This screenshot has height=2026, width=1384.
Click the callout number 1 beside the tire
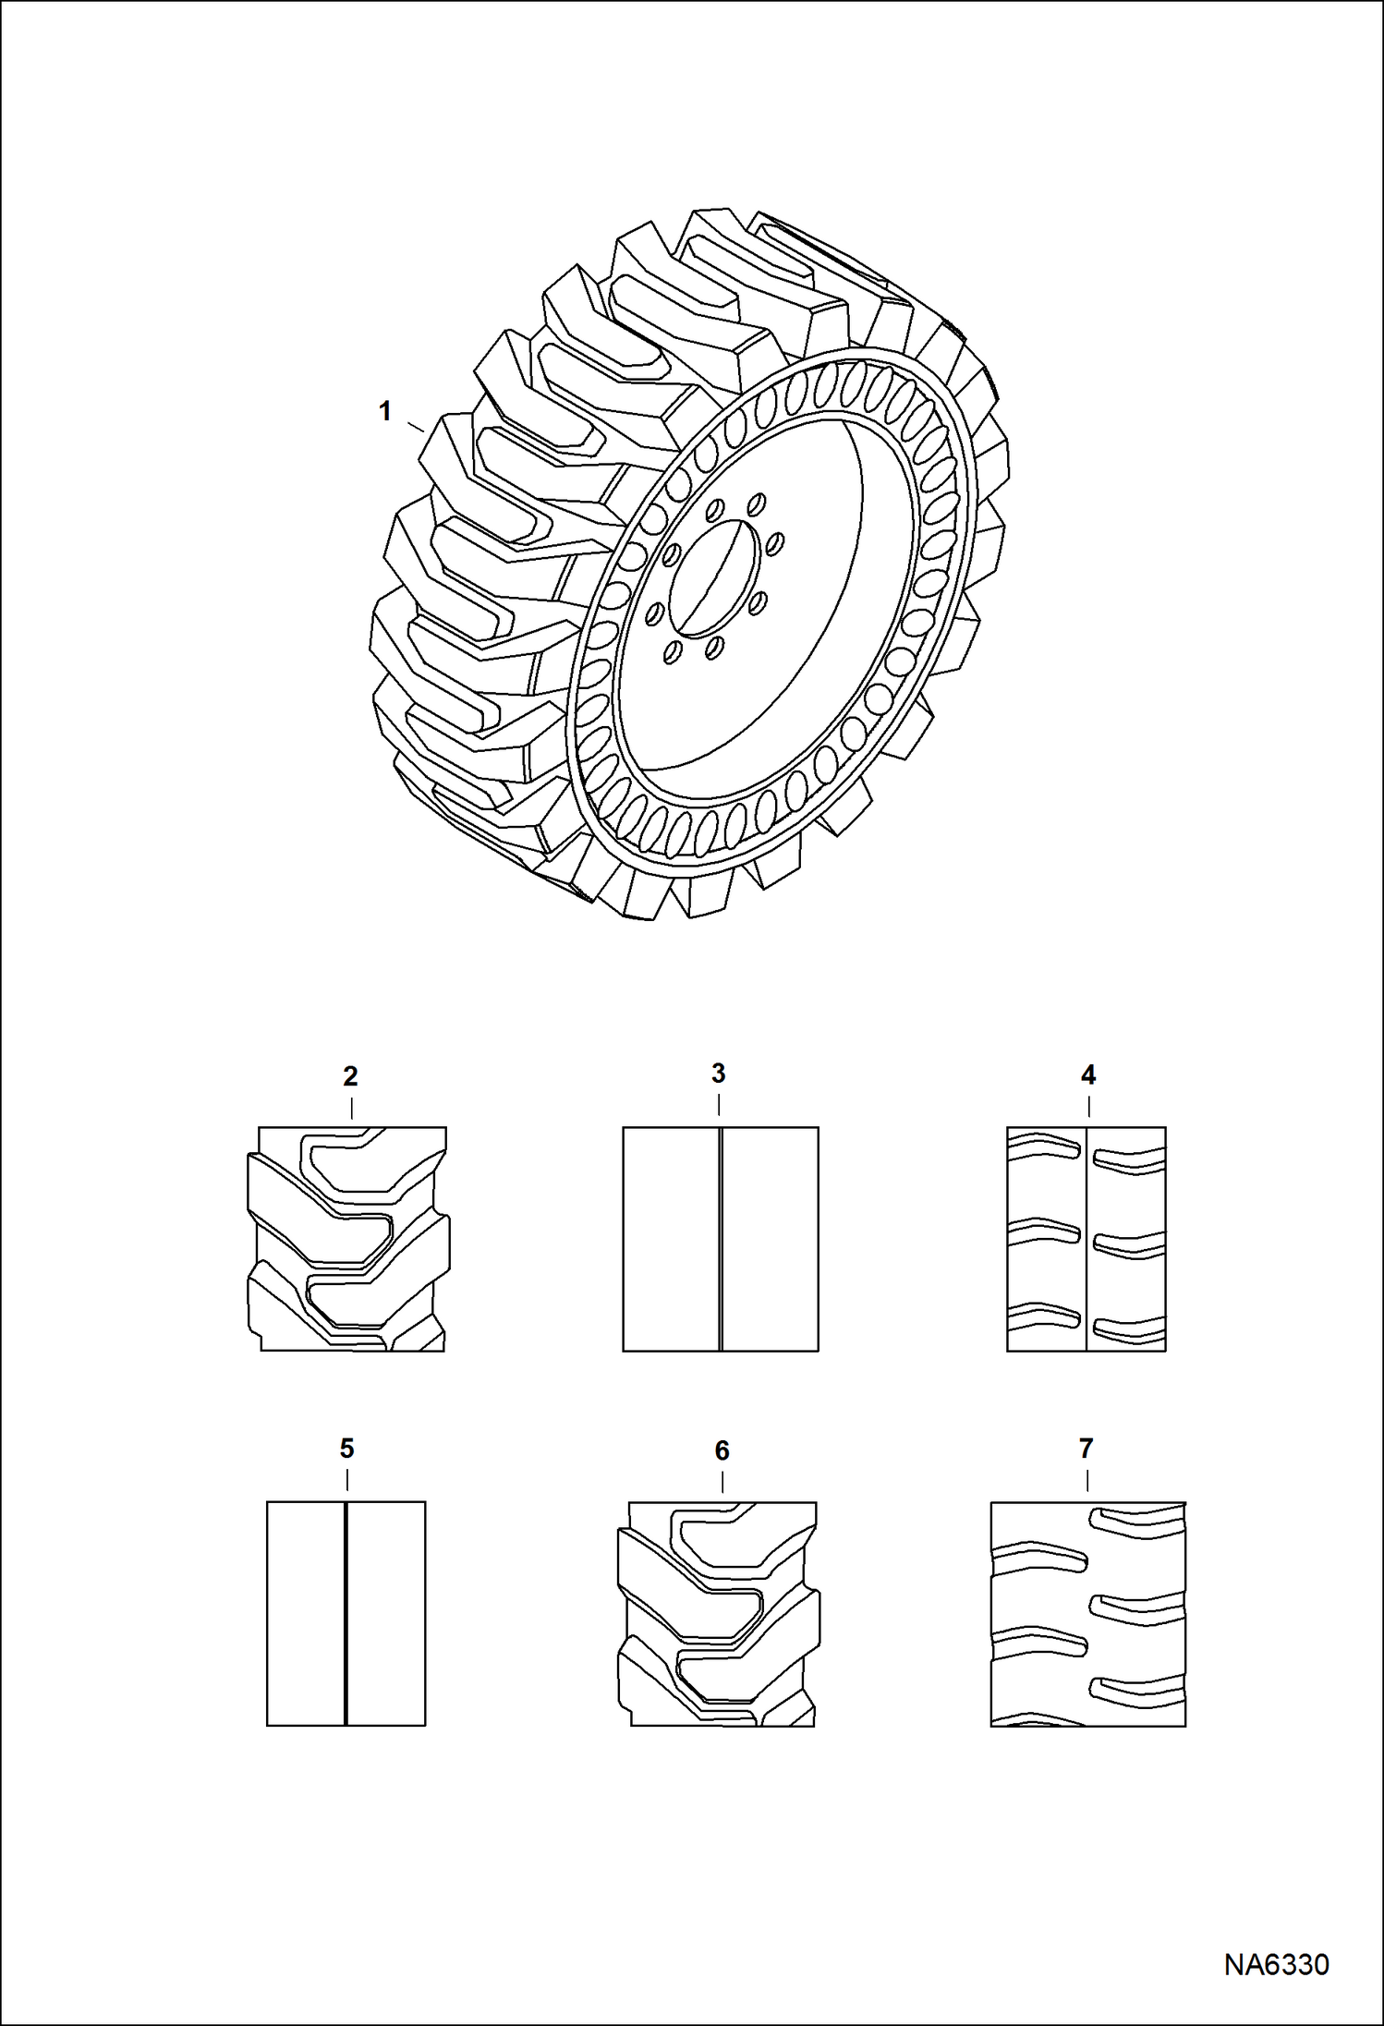[x=385, y=411]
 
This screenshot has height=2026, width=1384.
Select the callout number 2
[x=350, y=1076]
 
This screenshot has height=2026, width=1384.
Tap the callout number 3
[x=718, y=1074]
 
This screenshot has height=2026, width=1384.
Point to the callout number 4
[x=1088, y=1075]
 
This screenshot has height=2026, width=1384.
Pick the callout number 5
[x=346, y=1449]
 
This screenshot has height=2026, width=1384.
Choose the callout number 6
[x=722, y=1450]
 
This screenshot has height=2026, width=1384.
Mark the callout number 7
[x=1087, y=1449]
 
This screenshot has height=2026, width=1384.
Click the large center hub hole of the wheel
[x=716, y=576]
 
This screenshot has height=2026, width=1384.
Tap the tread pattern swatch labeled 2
[x=348, y=1239]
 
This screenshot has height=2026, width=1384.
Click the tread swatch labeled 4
[x=1086, y=1239]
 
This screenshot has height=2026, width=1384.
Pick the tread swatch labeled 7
[x=1087, y=1613]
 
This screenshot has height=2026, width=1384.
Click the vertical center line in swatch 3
[x=720, y=1239]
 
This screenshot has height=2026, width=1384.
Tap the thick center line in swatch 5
[x=346, y=1613]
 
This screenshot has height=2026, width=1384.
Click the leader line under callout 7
[x=1087, y=1479]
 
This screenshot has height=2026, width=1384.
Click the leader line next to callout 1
[x=416, y=426]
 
